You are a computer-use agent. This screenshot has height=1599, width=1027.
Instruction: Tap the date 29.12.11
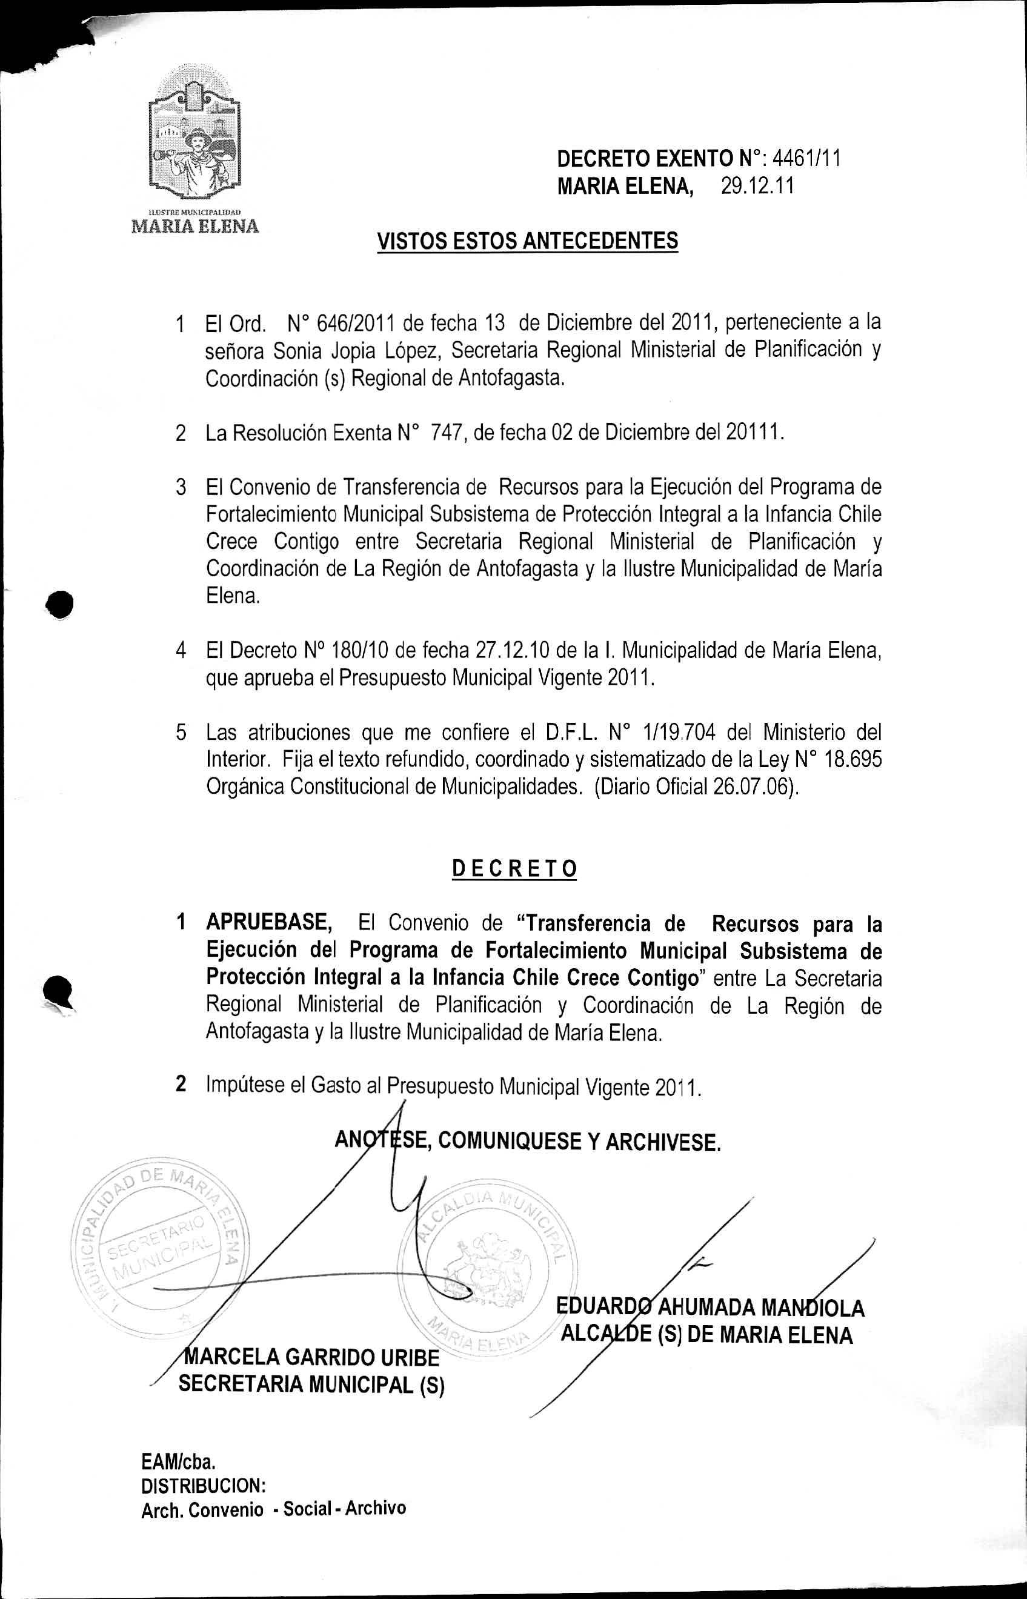coord(757,185)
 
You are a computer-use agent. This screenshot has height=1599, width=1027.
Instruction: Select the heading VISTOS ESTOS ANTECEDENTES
coord(528,241)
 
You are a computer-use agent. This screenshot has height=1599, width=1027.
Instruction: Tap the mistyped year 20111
coord(751,433)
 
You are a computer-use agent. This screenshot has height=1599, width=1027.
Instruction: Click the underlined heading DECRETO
coord(514,869)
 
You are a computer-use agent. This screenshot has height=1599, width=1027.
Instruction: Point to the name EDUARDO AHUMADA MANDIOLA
coord(710,1308)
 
